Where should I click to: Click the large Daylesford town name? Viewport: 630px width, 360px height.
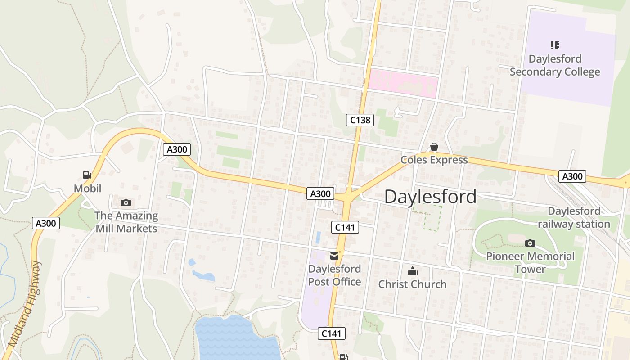point(430,197)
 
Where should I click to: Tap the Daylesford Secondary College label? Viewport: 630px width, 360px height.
point(555,66)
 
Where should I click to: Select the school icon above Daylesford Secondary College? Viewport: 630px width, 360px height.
point(555,45)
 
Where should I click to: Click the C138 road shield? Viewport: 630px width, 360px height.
point(360,120)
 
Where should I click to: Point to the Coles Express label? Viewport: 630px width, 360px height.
point(434,160)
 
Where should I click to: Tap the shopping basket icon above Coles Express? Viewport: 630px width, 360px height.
point(434,147)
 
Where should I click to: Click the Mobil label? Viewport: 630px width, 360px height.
point(88,188)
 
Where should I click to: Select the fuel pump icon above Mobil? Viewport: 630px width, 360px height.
point(87,175)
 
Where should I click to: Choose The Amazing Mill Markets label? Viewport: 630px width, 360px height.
point(126,222)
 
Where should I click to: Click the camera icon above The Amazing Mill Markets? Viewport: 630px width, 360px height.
point(126,202)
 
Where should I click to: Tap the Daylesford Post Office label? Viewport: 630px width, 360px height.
point(334,275)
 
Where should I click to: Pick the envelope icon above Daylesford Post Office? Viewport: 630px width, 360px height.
point(334,256)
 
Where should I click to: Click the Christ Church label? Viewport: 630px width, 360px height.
point(412,284)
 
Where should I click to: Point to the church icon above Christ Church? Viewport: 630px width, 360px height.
point(412,271)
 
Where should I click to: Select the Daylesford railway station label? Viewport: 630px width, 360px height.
point(574,217)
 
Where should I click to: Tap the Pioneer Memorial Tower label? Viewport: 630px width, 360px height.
point(530,262)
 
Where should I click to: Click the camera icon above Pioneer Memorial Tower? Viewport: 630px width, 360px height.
point(530,243)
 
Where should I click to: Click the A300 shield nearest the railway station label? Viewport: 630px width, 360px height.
point(572,176)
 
